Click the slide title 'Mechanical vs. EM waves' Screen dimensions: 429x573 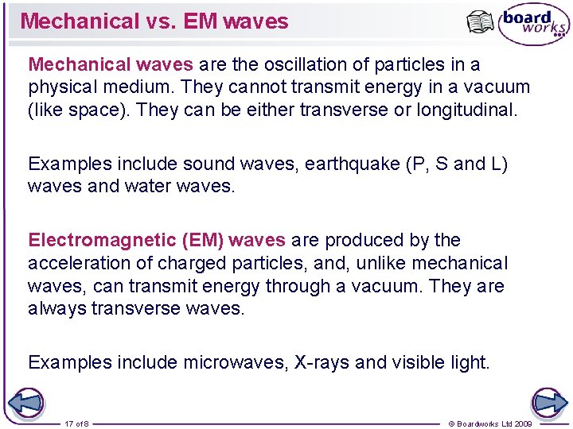(x=154, y=21)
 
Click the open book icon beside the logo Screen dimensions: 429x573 (x=481, y=23)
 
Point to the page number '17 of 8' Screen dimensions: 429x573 (x=77, y=423)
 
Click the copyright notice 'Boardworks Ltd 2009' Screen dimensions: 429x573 (x=490, y=423)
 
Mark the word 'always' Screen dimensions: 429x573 (x=57, y=308)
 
